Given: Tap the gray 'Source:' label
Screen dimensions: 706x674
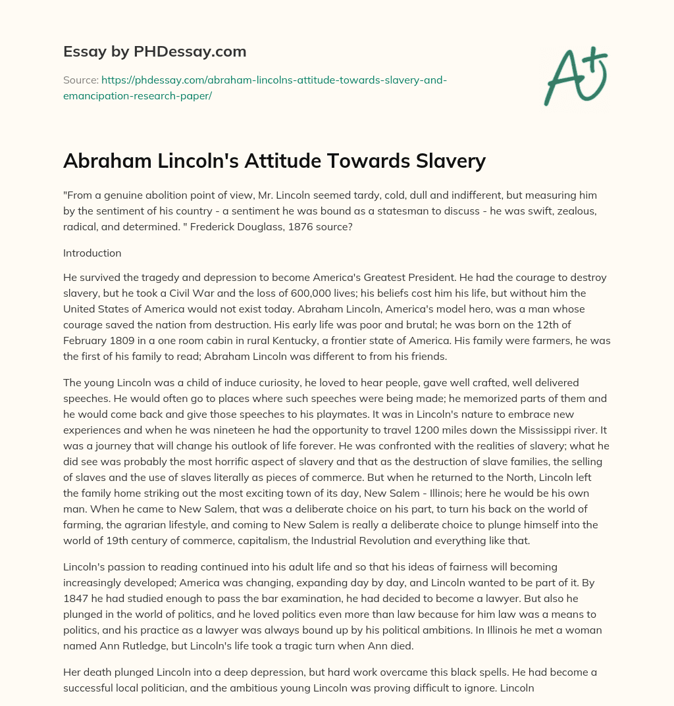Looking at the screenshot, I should tap(80, 80).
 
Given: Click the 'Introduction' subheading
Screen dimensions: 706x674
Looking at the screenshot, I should tap(93, 253).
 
